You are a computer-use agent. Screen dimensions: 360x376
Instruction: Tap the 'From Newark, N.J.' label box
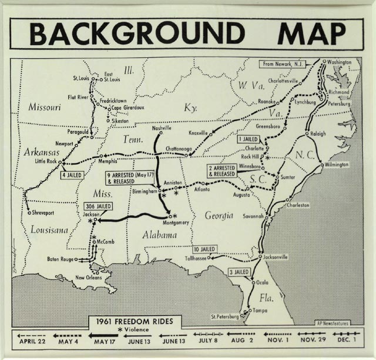pos(285,63)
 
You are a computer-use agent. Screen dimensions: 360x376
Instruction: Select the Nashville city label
pos(161,128)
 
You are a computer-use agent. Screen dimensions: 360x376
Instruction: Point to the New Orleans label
pos(89,277)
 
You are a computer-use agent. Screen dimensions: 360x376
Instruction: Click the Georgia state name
pos(219,215)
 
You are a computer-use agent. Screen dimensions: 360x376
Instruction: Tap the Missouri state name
pos(44,107)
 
